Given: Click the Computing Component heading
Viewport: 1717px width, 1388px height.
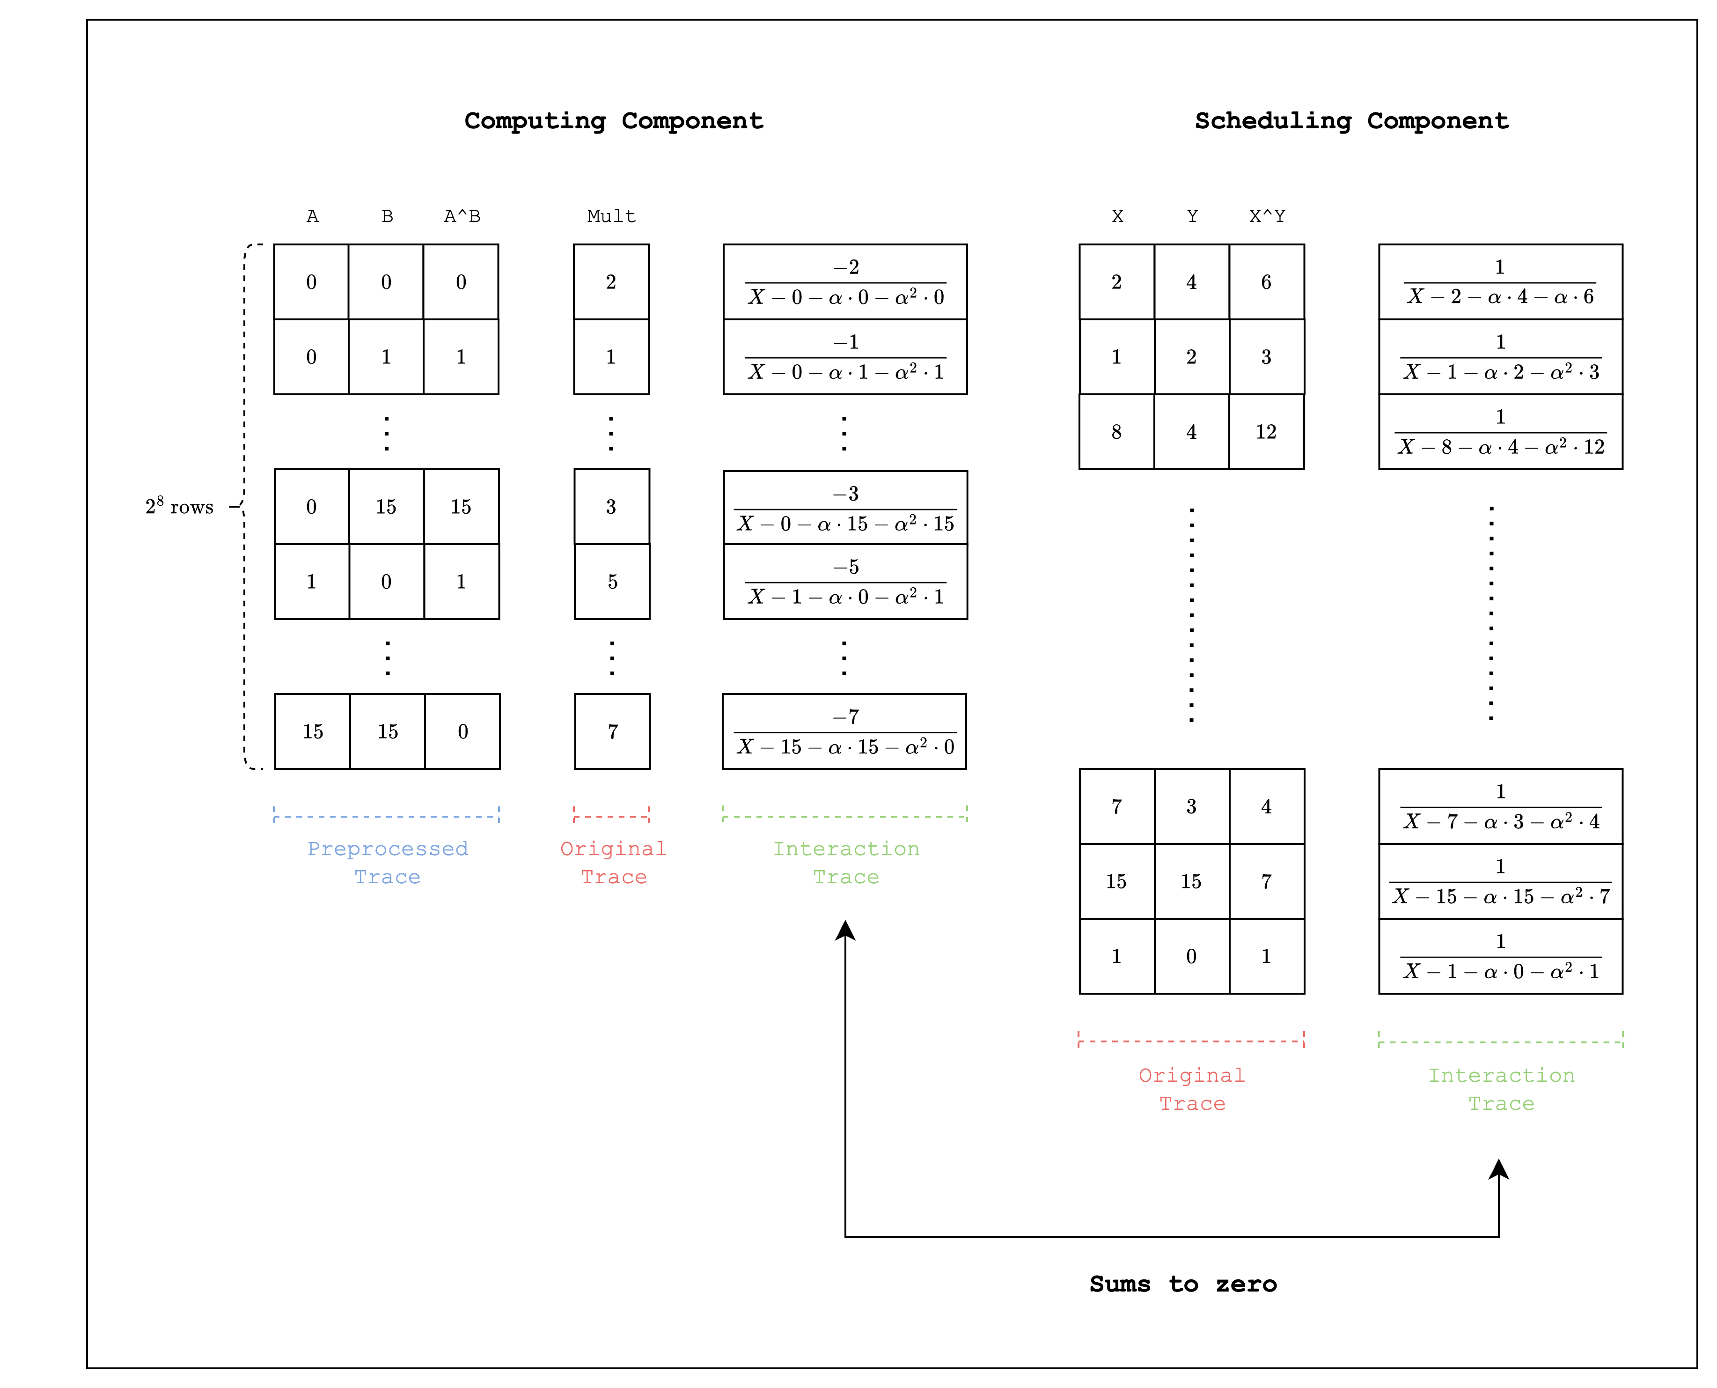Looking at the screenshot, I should click(613, 121).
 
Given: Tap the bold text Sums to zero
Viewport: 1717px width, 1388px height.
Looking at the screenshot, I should click(1182, 1284).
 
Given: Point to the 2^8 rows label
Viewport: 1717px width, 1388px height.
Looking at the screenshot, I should click(179, 507).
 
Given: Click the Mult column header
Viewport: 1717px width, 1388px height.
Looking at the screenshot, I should click(611, 216).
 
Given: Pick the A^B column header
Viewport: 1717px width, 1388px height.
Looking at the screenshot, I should click(462, 216).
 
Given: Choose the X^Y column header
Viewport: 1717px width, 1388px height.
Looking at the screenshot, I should click(1267, 216).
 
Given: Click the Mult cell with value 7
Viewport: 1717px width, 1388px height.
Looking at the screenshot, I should click(612, 731).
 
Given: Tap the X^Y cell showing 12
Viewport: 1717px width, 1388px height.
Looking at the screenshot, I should click(1266, 432).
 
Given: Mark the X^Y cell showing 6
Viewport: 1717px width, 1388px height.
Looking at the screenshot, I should click(1266, 282).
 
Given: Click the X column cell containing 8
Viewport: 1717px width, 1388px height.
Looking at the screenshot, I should click(1117, 432).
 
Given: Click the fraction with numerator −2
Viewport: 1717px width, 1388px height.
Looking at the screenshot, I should click(845, 282).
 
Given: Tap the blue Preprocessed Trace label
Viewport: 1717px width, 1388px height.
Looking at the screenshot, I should click(388, 863).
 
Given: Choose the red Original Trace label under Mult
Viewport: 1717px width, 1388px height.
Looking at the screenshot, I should click(613, 863).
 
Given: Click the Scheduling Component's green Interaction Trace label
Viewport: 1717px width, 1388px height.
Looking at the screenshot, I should click(1501, 1089).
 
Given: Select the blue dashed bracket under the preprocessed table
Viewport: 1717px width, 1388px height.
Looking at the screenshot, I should click(386, 816).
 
